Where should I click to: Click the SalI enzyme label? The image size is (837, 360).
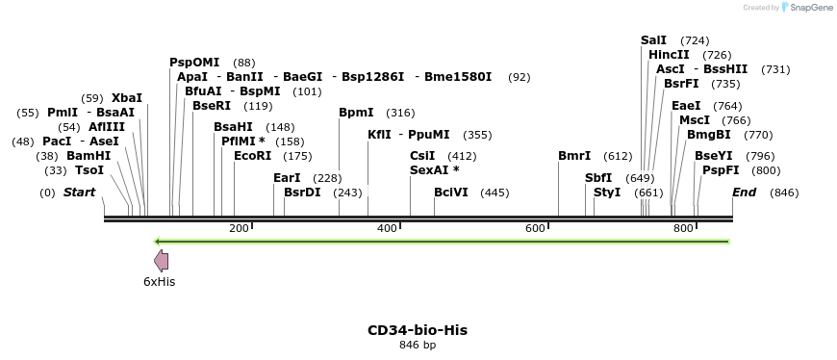pyautogui.click(x=653, y=40)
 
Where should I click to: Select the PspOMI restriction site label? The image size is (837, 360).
pyautogui.click(x=194, y=63)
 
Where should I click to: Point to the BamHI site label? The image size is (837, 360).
pyautogui.click(x=89, y=155)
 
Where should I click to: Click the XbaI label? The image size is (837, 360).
pyautogui.click(x=126, y=98)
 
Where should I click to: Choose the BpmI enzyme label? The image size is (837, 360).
pyautogui.click(x=356, y=113)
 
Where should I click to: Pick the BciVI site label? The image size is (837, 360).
pyautogui.click(x=451, y=193)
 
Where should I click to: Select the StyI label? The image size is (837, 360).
pyautogui.click(x=607, y=193)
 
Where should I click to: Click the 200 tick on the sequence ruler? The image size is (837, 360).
pyautogui.click(x=239, y=228)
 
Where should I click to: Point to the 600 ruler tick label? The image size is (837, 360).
pyautogui.click(x=534, y=228)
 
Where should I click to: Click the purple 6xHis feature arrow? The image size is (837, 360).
pyautogui.click(x=161, y=260)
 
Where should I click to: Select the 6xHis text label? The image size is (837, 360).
pyautogui.click(x=159, y=282)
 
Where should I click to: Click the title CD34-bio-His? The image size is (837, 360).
pyautogui.click(x=418, y=330)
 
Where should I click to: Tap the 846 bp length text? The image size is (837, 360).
pyautogui.click(x=418, y=346)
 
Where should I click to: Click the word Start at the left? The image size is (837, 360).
pyautogui.click(x=79, y=193)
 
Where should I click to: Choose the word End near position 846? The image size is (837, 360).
pyautogui.click(x=744, y=193)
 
